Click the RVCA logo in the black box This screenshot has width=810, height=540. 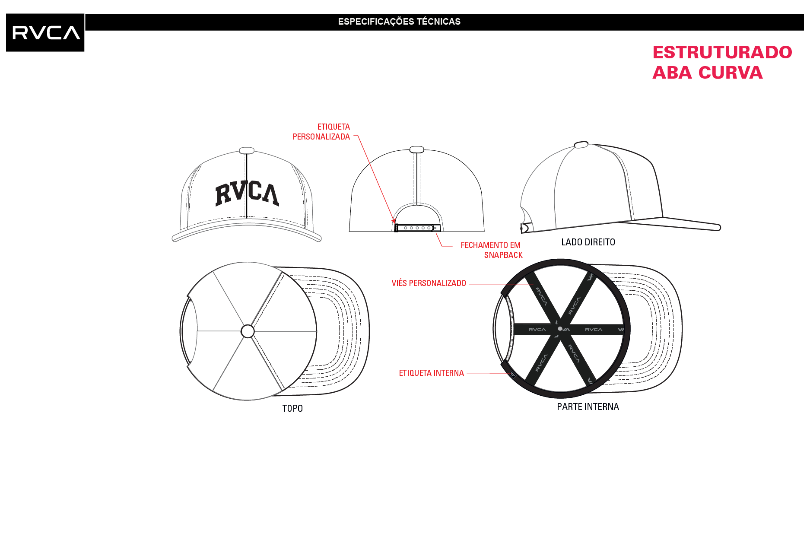coord(46,33)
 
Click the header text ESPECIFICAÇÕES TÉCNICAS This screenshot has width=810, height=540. coord(399,22)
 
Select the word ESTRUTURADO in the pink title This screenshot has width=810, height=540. coord(722,52)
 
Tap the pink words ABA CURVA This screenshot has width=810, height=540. coord(708,73)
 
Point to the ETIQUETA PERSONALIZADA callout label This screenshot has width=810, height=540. coord(321,132)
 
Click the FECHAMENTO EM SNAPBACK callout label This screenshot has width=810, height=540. coord(492,250)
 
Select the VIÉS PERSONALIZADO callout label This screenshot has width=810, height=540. coord(429,283)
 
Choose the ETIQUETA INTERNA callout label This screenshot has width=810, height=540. coord(432,373)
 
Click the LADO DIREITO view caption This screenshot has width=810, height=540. coord(588,242)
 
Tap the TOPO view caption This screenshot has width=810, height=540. coord(292,409)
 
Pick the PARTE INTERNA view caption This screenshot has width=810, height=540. coord(588,407)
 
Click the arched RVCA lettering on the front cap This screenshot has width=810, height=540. coord(247,193)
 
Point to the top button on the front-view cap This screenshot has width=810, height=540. coord(247,150)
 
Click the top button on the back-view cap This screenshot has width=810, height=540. coord(417,149)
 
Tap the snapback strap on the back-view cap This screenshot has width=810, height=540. coord(415,228)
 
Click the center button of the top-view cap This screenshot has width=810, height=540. coord(248,331)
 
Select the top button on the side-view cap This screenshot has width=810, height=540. coord(581,144)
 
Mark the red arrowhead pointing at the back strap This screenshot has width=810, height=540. coord(394,221)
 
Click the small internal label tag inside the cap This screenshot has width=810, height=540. coord(513,375)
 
